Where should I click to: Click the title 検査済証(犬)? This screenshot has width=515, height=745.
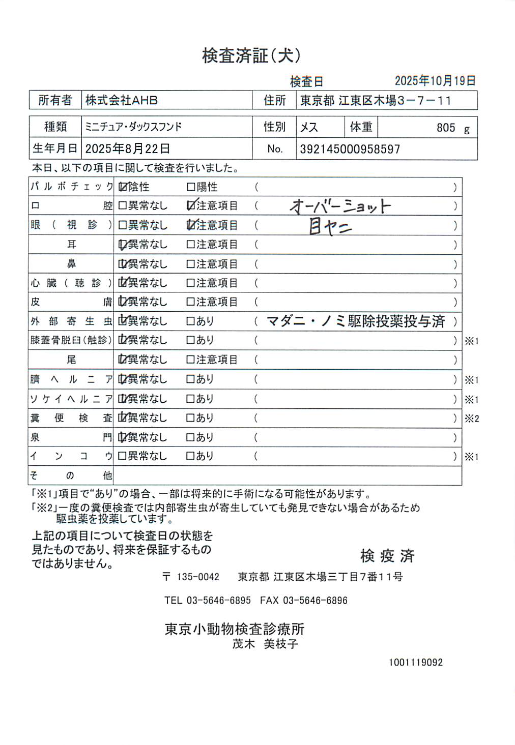pyautogui.click(x=251, y=55)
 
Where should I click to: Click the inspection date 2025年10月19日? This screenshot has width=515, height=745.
pyautogui.click(x=435, y=80)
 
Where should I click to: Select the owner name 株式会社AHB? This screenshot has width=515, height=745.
pyautogui.click(x=121, y=100)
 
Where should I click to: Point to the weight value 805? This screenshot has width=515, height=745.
pyautogui.click(x=445, y=128)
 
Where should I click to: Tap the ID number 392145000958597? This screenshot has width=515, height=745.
pyautogui.click(x=350, y=149)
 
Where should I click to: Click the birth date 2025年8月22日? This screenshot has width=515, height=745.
pyautogui.click(x=127, y=148)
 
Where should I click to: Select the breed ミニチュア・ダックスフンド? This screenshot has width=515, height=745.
pyautogui.click(x=133, y=127)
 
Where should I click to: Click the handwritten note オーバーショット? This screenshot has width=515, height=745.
pyautogui.click(x=340, y=206)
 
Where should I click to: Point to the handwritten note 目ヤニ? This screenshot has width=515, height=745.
pyautogui.click(x=330, y=226)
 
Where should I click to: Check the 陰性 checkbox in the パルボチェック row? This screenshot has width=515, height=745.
pyautogui.click(x=122, y=187)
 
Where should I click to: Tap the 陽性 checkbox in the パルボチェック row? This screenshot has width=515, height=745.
pyautogui.click(x=191, y=187)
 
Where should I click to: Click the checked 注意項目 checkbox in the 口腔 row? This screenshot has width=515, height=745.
pyautogui.click(x=191, y=205)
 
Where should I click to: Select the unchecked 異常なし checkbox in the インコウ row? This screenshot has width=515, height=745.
pyautogui.click(x=122, y=456)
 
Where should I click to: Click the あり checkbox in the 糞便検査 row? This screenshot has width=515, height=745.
pyautogui.click(x=191, y=418)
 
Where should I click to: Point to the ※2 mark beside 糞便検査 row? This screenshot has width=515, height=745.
pyautogui.click(x=472, y=419)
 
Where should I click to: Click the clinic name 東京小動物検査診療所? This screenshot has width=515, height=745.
pyautogui.click(x=234, y=629)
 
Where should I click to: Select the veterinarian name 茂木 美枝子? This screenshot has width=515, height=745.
pyautogui.click(x=265, y=644)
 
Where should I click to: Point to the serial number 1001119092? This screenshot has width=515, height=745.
pyautogui.click(x=416, y=662)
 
